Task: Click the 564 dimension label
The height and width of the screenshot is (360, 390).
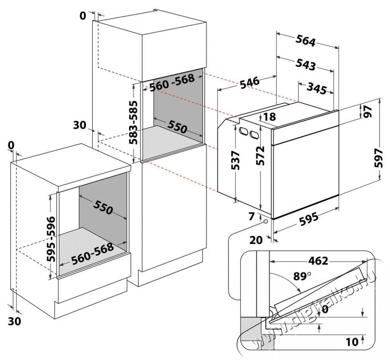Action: point(305,41)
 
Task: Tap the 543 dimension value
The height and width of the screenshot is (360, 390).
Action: point(305,65)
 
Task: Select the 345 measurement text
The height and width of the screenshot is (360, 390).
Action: point(316,88)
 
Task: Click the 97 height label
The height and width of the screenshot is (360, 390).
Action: point(367,111)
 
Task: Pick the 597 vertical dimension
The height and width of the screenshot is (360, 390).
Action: point(378,158)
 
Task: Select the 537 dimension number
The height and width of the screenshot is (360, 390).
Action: point(235,161)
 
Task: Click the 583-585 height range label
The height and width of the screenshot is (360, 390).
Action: point(134,122)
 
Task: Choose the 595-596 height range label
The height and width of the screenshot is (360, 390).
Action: point(51,239)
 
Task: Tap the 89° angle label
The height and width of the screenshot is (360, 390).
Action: point(302,276)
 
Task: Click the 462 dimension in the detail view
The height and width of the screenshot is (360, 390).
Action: point(319,260)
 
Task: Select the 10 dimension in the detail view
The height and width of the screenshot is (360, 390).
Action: point(352,342)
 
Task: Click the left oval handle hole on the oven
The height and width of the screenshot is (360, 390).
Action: point(244,131)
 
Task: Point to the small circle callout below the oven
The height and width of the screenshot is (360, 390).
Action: point(266,222)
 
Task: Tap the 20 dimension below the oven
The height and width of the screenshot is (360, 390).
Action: point(256,240)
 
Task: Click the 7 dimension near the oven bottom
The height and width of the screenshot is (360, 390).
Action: point(252,216)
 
